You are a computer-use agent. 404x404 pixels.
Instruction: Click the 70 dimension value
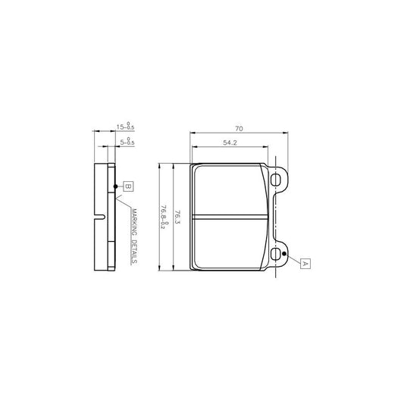pyautogui.click(x=238, y=130)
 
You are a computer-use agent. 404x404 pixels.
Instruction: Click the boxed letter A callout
pyautogui.click(x=305, y=263)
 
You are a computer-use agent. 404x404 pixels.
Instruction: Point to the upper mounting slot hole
pyautogui.click(x=277, y=180)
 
